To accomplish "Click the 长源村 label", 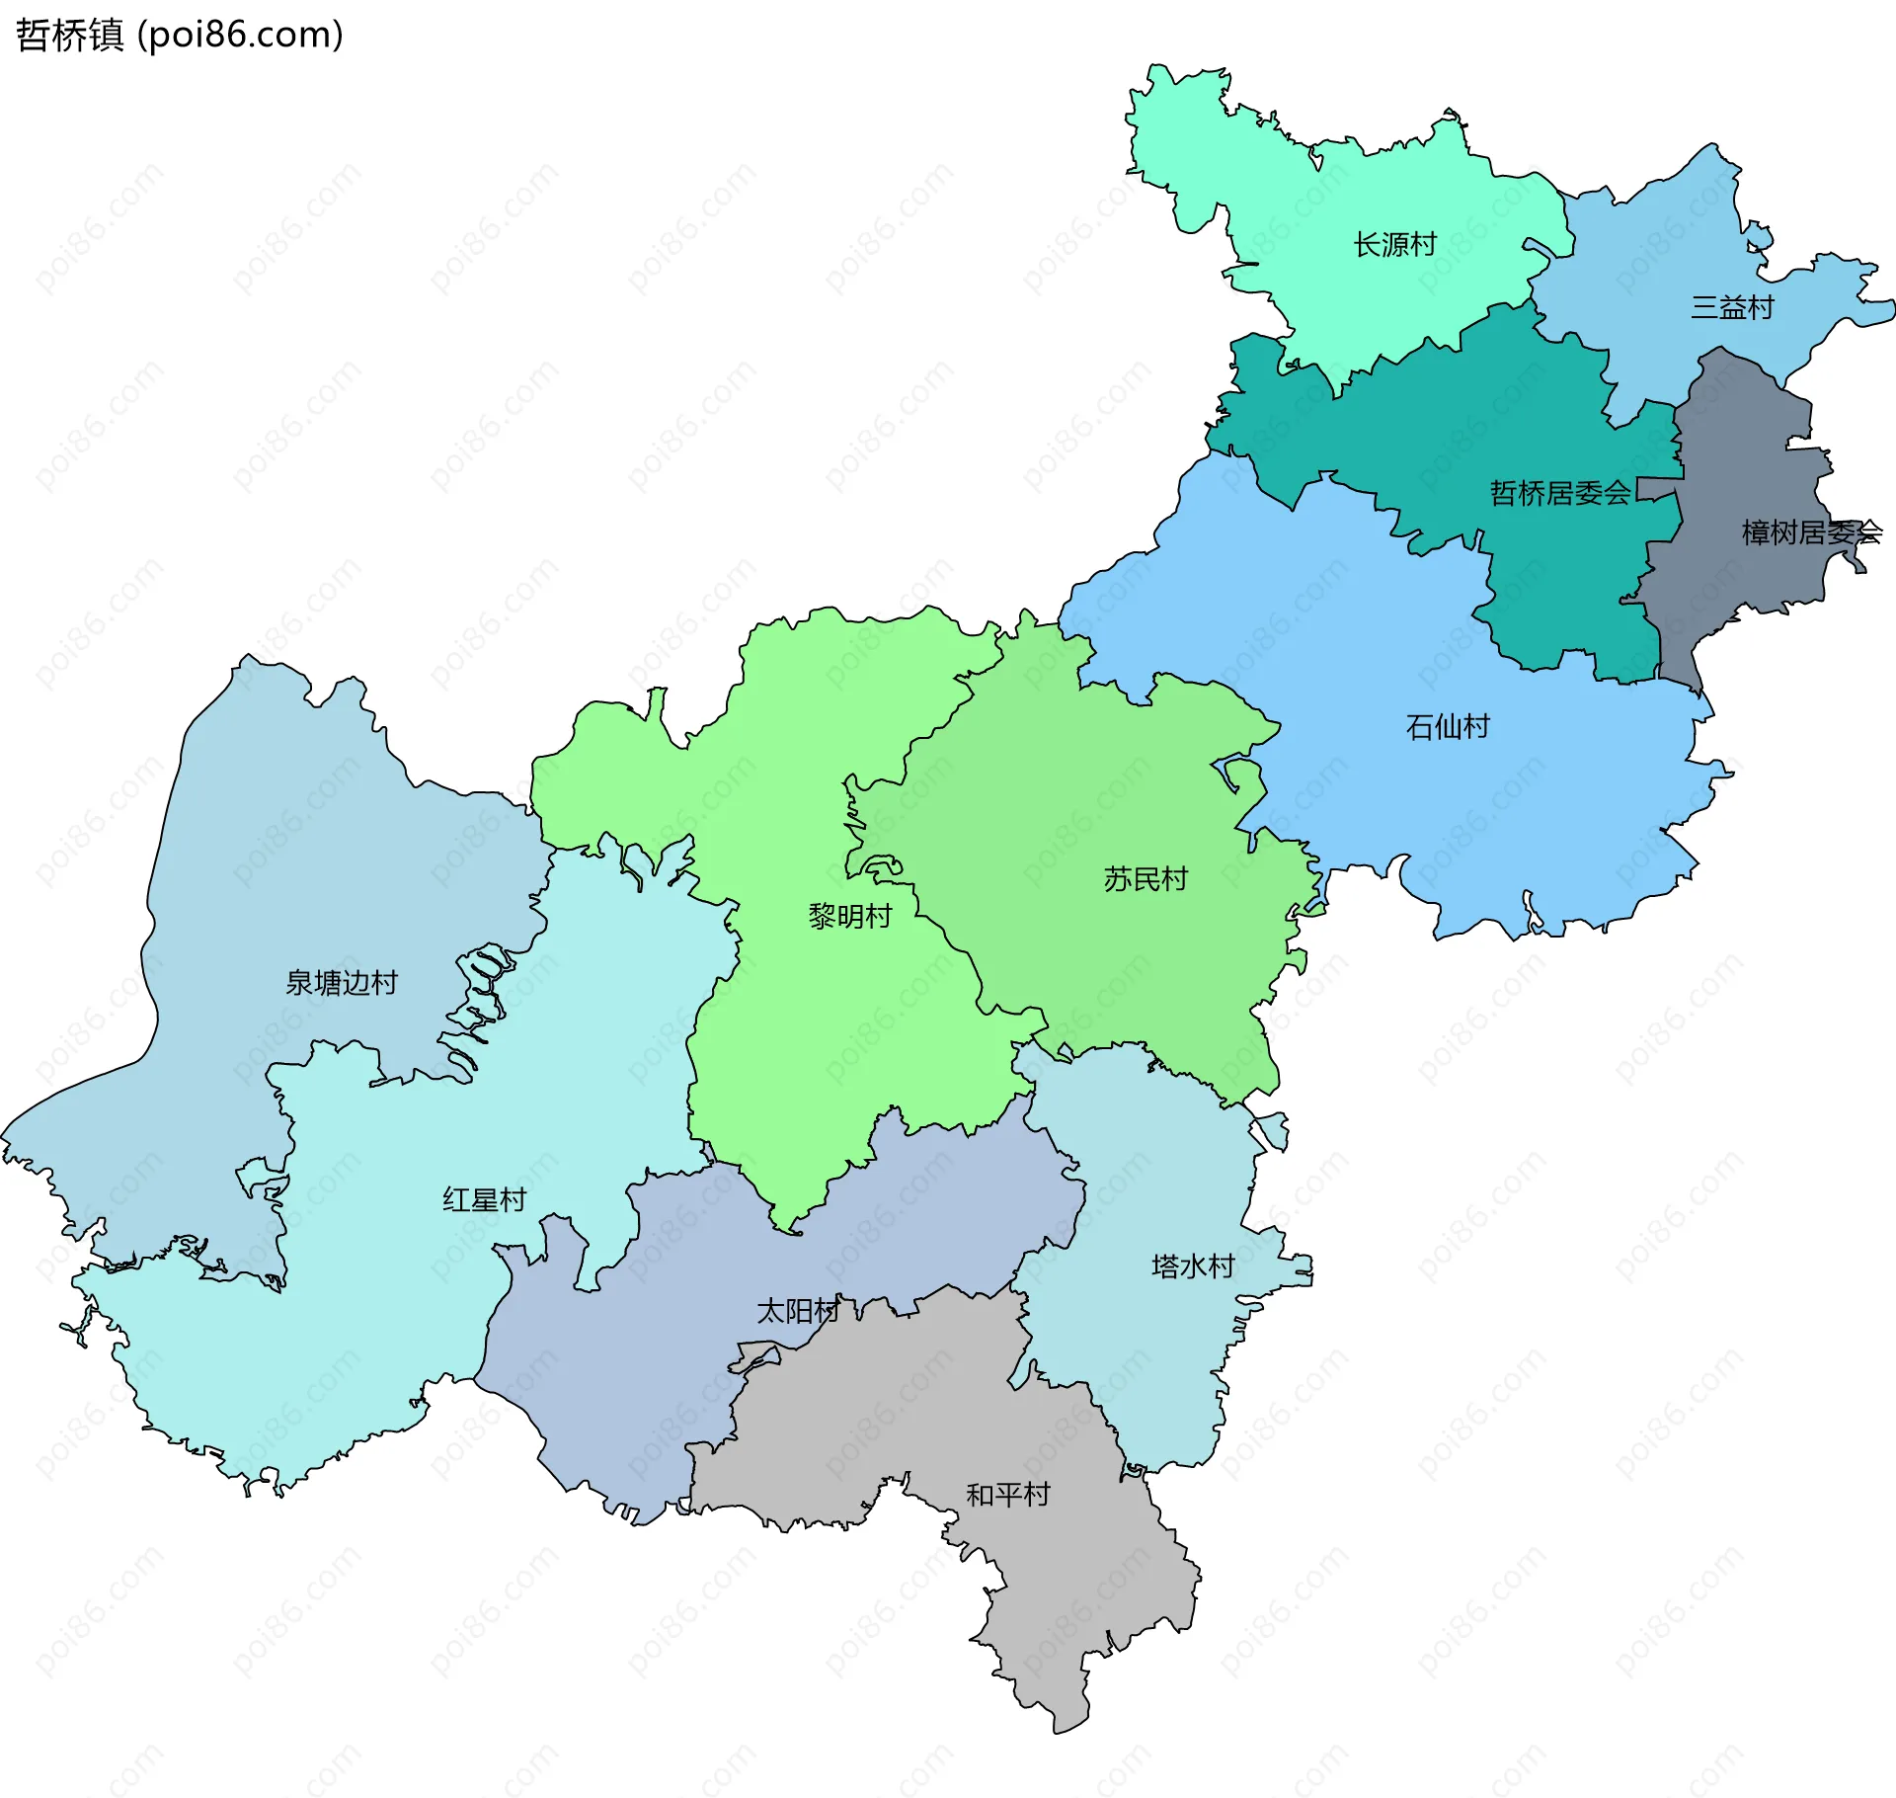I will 1394,244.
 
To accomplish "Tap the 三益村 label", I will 1732,307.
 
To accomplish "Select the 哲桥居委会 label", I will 1559,492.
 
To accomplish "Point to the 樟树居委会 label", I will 1811,532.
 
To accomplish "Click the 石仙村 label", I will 1448,727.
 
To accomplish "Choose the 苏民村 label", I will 1145,878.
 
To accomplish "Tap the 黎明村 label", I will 849,916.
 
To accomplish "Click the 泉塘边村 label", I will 342,982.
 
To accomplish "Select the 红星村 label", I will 484,1199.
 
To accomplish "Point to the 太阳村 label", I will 798,1311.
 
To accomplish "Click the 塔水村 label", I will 1193,1266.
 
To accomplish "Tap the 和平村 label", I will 1007,1495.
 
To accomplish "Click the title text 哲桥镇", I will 69,36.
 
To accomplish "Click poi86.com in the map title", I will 242,36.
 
